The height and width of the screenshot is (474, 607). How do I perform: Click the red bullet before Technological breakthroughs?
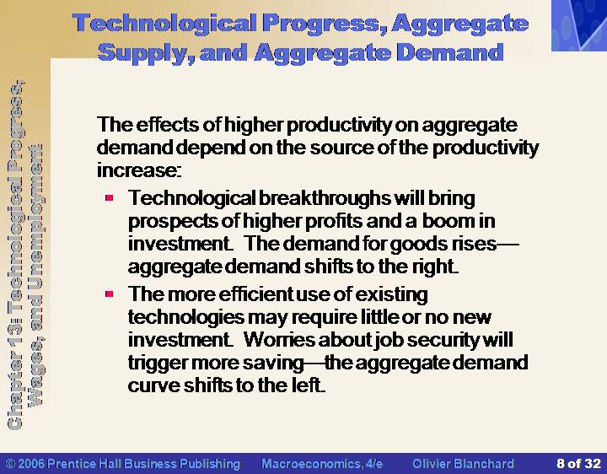click(109, 198)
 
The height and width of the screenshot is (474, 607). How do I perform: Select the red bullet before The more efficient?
click(109, 294)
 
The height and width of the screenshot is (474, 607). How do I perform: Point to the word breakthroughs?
click(325, 198)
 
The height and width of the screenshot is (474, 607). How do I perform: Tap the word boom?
click(449, 221)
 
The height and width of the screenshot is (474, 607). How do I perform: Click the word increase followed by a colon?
click(138, 170)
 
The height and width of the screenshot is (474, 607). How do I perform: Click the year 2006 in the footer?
click(31, 464)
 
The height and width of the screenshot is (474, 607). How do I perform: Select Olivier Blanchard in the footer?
click(464, 464)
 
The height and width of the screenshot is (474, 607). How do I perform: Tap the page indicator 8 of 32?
click(578, 464)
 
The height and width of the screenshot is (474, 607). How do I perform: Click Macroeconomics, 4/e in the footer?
click(322, 464)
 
